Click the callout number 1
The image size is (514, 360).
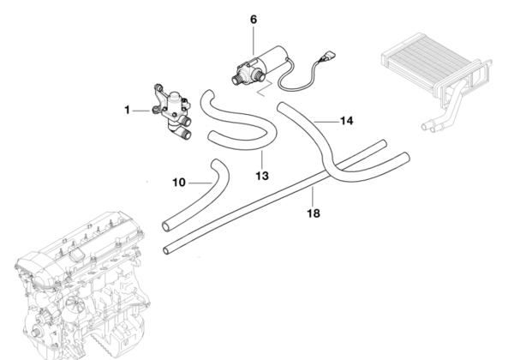(127, 110)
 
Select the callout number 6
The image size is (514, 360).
(253, 18)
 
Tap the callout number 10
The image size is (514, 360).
(178, 182)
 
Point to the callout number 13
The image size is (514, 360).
(261, 176)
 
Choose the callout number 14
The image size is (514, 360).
(346, 121)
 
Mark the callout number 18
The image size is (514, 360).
(314, 213)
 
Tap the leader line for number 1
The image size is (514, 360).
(142, 110)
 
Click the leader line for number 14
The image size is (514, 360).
(326, 119)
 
